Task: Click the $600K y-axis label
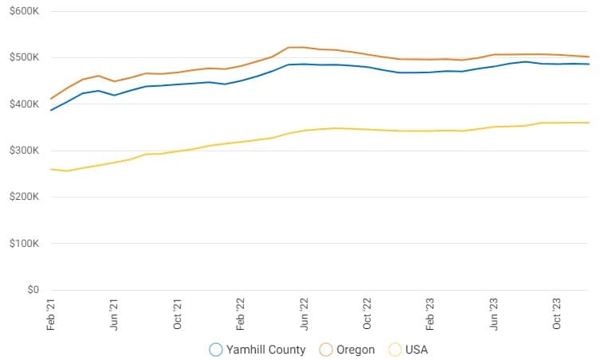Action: (24, 11)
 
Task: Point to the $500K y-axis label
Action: (24, 57)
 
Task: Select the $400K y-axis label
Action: (24, 104)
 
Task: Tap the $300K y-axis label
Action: (24, 151)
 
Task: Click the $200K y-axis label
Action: (24, 197)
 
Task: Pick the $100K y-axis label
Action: (24, 244)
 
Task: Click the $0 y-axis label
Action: (31, 290)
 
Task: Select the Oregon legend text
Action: (355, 350)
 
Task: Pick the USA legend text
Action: (416, 350)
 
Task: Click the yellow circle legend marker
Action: (394, 350)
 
